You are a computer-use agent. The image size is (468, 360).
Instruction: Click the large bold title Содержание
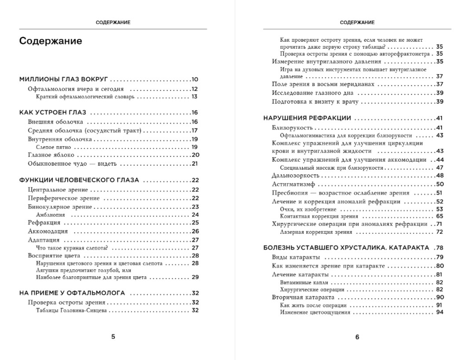[x=51, y=41]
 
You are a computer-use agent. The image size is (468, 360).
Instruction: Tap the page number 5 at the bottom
[x=113, y=337]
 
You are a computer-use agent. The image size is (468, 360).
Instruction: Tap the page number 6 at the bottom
[x=357, y=337]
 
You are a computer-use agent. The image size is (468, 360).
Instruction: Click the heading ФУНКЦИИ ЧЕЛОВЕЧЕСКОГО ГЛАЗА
[x=79, y=180]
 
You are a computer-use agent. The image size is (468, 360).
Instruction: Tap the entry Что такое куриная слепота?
[x=72, y=247]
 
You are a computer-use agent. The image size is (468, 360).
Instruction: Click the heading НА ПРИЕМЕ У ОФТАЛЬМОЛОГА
[x=73, y=293]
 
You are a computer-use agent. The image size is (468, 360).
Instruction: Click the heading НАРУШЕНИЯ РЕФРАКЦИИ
[x=307, y=118]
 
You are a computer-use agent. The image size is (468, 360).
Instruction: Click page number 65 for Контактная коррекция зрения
[x=439, y=216]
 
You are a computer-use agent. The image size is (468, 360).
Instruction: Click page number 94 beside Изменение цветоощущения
[x=439, y=313]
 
